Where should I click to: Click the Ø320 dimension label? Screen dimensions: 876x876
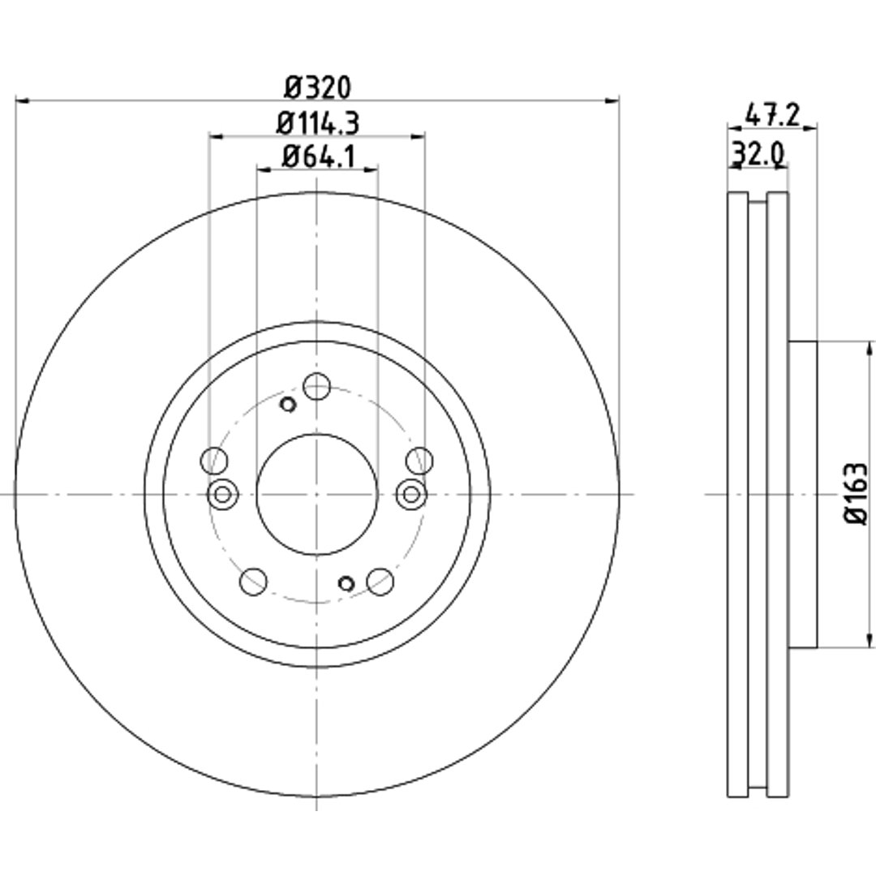tap(317, 87)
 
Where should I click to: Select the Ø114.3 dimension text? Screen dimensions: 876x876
tap(317, 123)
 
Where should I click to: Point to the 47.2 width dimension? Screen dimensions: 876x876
tap(773, 117)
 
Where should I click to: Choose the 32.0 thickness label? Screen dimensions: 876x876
tap(758, 153)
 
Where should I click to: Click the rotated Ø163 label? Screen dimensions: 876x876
tap(856, 493)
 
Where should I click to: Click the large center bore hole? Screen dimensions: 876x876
tap(317, 495)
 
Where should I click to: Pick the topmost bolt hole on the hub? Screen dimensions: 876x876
tap(317, 386)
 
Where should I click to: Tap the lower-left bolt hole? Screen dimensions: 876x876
tap(253, 582)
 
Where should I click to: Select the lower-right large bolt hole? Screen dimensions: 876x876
tap(380, 582)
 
